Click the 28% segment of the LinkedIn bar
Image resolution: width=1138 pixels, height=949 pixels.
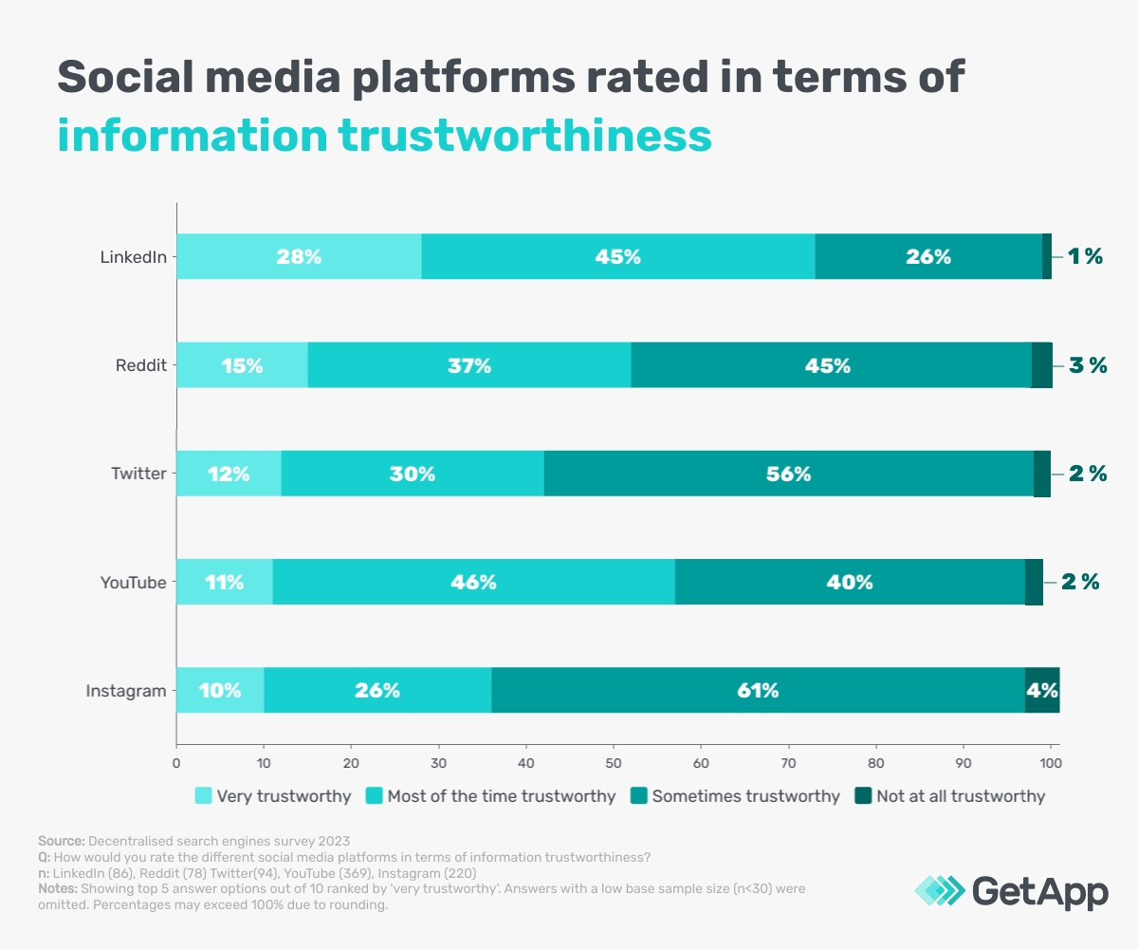(x=299, y=256)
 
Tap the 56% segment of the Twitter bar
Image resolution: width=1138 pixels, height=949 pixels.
(x=788, y=474)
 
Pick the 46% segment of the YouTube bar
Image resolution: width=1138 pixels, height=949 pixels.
(x=473, y=582)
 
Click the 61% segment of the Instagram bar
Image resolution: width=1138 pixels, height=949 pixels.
(x=758, y=690)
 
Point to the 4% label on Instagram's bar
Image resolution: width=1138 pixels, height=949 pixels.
(x=1042, y=691)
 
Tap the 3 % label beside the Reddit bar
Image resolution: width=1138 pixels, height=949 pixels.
(x=1087, y=365)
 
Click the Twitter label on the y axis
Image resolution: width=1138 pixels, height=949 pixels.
(x=138, y=474)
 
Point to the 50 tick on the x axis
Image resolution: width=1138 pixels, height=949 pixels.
(x=614, y=761)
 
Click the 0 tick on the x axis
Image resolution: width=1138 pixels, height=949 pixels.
(x=176, y=761)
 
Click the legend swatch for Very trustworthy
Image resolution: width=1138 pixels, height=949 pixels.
(x=203, y=796)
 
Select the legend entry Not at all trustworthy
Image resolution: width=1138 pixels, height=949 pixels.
(x=960, y=796)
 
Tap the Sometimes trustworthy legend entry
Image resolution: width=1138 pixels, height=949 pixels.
(x=745, y=796)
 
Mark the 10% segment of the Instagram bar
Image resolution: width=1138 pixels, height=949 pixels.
(x=220, y=690)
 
